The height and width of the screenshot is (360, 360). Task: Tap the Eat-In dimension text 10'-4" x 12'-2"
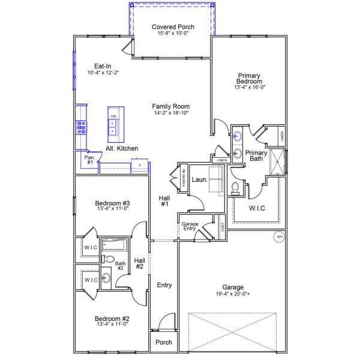[x=103, y=73]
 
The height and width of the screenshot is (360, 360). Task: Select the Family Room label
[x=170, y=106]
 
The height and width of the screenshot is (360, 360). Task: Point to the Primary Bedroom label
[x=249, y=78]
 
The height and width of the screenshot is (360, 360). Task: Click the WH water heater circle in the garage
[x=278, y=237]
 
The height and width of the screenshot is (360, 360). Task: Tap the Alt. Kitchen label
[x=122, y=148]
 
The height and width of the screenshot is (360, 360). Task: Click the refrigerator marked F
[x=139, y=164]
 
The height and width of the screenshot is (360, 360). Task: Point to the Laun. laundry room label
[x=199, y=179]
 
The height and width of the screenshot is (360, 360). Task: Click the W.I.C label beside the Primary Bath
[x=257, y=208]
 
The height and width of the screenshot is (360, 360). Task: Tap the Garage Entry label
[x=190, y=227]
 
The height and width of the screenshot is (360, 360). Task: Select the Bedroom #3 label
[x=113, y=203]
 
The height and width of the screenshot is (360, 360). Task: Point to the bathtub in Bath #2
[x=113, y=245]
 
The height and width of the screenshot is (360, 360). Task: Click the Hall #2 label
[x=139, y=263]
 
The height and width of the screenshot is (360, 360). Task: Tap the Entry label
[x=164, y=285]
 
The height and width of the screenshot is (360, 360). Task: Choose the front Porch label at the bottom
[x=164, y=342]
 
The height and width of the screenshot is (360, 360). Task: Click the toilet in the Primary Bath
[x=235, y=189]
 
